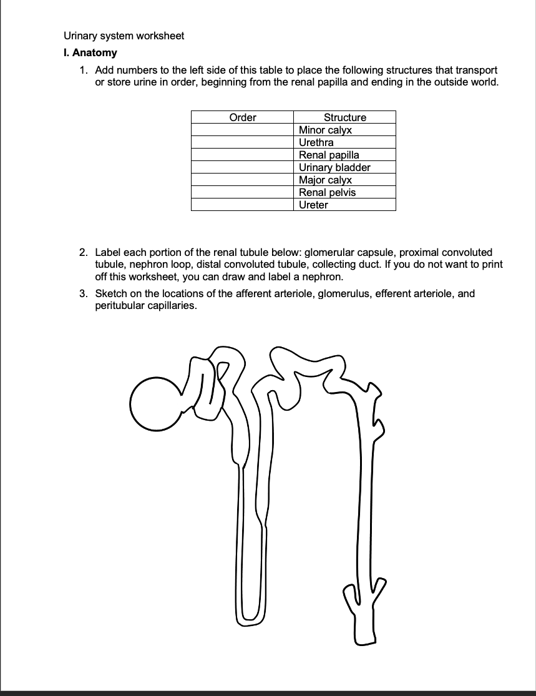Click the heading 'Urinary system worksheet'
(x=124, y=36)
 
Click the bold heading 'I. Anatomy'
(x=90, y=53)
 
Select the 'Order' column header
(x=242, y=117)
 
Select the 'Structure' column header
(x=344, y=117)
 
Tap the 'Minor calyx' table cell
(x=325, y=130)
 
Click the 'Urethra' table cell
(x=316, y=142)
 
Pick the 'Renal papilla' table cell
(x=329, y=155)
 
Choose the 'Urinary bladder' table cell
(x=334, y=167)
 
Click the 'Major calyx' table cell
(x=325, y=180)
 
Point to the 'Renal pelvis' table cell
(x=327, y=192)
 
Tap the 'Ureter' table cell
(x=313, y=205)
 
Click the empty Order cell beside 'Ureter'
(x=242, y=205)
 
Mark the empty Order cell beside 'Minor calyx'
(x=242, y=130)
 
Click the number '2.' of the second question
(x=84, y=252)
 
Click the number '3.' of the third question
(x=84, y=293)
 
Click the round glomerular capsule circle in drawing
(x=154, y=403)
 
